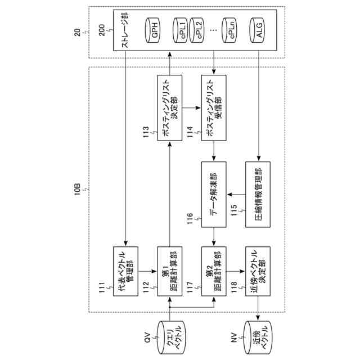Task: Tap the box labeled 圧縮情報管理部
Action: [x=258, y=193]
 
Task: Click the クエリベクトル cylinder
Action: [x=170, y=338]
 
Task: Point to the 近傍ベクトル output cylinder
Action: [x=258, y=338]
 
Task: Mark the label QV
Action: [x=147, y=338]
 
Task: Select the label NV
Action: [x=236, y=338]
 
